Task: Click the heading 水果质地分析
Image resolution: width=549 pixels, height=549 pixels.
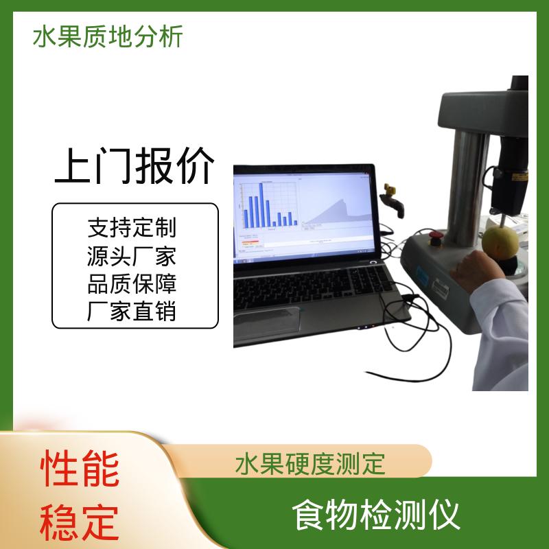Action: pyautogui.click(x=108, y=36)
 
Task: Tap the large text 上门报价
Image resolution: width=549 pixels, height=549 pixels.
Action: pyautogui.click(x=135, y=165)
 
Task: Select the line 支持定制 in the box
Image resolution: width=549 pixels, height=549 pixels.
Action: pyautogui.click(x=132, y=228)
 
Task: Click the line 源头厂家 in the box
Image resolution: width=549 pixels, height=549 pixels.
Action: pyautogui.click(x=132, y=256)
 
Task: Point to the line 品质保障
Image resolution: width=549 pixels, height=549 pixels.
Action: pyautogui.click(x=132, y=283)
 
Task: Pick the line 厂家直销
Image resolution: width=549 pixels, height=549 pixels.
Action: pyautogui.click(x=132, y=312)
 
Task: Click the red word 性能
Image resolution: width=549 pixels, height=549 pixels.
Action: pyautogui.click(x=80, y=469)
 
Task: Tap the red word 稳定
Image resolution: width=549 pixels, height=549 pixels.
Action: pyautogui.click(x=80, y=522)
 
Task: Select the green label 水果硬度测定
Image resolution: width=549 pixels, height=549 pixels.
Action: pyautogui.click(x=310, y=464)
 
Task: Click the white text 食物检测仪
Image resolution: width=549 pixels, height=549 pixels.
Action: pyautogui.click(x=375, y=516)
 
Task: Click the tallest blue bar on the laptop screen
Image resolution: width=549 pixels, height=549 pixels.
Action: pyautogui.click(x=261, y=205)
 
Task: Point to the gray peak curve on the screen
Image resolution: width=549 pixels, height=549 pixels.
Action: pyautogui.click(x=336, y=213)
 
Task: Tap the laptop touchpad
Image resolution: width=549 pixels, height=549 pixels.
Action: pyautogui.click(x=267, y=322)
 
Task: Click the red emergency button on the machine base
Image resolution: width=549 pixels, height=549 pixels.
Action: pyautogui.click(x=436, y=238)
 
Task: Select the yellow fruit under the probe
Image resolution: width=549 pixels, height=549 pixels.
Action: pyautogui.click(x=500, y=242)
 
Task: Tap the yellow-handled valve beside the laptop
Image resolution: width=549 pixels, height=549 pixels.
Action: pyautogui.click(x=392, y=200)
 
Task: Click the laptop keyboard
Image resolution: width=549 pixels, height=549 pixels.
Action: pyautogui.click(x=312, y=285)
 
